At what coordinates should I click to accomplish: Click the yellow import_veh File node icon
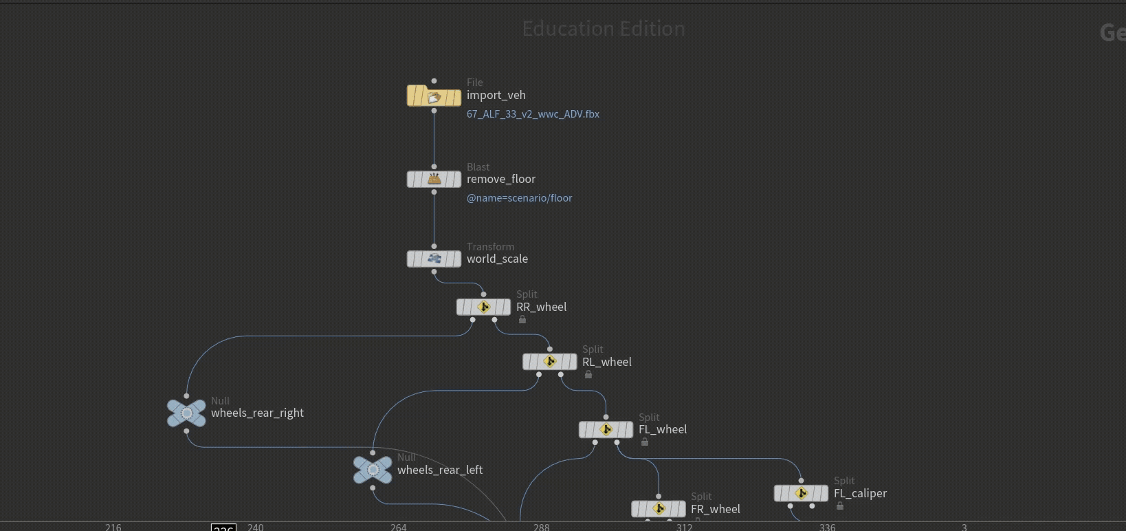pos(434,96)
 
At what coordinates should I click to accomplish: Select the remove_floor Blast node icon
pos(434,180)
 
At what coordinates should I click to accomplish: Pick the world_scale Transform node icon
pos(434,259)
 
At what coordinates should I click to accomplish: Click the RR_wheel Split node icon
pos(483,307)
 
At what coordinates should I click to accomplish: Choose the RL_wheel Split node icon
pos(549,362)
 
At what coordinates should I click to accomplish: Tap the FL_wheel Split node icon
pos(606,430)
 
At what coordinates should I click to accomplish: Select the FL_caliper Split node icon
pos(801,494)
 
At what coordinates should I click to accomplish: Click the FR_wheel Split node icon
pos(658,509)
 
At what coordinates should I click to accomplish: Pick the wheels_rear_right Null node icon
pos(186,413)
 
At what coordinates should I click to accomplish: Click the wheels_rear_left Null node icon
pos(373,470)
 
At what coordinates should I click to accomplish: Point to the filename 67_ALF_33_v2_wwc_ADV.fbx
pos(533,114)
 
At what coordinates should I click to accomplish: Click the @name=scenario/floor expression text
pos(519,198)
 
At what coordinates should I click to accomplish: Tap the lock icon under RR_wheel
pos(522,320)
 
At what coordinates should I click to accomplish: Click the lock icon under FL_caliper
pos(840,506)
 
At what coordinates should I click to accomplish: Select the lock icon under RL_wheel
pos(588,375)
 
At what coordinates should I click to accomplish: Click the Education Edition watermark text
pos(603,29)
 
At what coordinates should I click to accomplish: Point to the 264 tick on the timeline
pos(398,527)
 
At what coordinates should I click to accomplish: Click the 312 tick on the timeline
pos(684,527)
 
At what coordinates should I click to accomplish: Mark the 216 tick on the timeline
pos(113,527)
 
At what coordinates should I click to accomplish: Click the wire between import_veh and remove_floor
pos(434,138)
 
